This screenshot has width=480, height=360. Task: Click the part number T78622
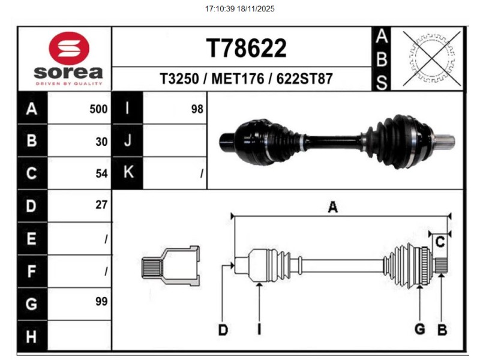pyautogui.click(x=246, y=48)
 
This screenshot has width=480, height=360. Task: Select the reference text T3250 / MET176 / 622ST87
pyautogui.click(x=246, y=79)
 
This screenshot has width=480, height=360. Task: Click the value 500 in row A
pyautogui.click(x=98, y=109)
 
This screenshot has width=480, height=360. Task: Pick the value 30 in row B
pyautogui.click(x=101, y=142)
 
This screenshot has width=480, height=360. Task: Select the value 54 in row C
pyautogui.click(x=101, y=173)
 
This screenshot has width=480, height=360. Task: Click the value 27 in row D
pyautogui.click(x=101, y=205)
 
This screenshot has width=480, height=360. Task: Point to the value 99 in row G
pyautogui.click(x=101, y=302)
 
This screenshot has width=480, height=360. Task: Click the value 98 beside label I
pyautogui.click(x=197, y=109)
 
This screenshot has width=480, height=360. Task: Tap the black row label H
pyautogui.click(x=32, y=336)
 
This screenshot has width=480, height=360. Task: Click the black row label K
pyautogui.click(x=127, y=173)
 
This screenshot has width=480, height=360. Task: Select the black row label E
pyautogui.click(x=32, y=239)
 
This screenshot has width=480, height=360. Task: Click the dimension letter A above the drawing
pyautogui.click(x=332, y=208)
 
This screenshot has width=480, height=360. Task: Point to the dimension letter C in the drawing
pyautogui.click(x=440, y=242)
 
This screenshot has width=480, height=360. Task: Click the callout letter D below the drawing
pyautogui.click(x=223, y=329)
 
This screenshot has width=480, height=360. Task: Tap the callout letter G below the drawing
pyautogui.click(x=420, y=329)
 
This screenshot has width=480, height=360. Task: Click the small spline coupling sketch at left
pyautogui.click(x=170, y=265)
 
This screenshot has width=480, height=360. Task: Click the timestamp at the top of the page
pyautogui.click(x=239, y=9)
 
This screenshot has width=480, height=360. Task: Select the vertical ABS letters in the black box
pyautogui.click(x=381, y=59)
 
